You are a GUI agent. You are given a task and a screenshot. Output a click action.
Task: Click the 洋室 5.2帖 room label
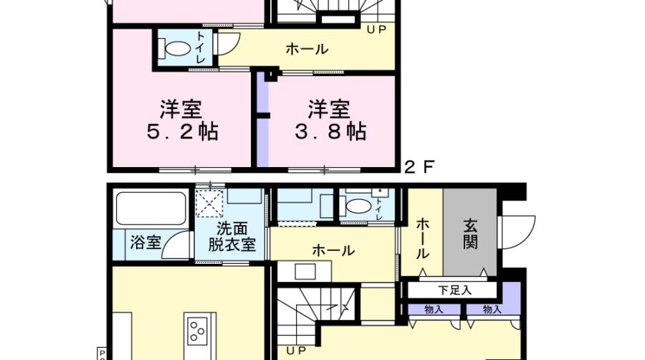click(x=182, y=120)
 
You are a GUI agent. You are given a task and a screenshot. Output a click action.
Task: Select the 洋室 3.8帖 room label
click(x=330, y=120)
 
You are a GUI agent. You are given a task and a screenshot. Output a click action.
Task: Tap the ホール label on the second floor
click(x=307, y=49)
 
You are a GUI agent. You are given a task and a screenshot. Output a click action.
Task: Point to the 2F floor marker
click(x=419, y=167)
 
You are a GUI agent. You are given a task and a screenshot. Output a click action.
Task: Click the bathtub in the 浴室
click(x=150, y=209)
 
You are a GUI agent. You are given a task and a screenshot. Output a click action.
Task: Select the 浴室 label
click(x=145, y=242)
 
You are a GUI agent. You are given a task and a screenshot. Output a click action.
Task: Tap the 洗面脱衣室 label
click(x=232, y=237)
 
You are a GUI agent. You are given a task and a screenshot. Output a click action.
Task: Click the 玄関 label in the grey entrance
click(x=470, y=235)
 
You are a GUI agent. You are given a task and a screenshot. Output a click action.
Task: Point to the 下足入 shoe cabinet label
click(x=454, y=290)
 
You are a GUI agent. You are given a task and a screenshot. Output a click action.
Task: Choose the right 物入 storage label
click(x=492, y=309)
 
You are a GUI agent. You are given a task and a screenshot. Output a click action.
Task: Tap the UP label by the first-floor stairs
click(x=296, y=351)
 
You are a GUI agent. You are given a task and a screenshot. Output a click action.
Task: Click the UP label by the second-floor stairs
click(x=376, y=29)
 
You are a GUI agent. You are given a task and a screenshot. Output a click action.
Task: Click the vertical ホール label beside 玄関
click(x=423, y=239)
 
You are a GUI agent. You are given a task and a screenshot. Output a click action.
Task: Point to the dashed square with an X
click(x=209, y=203)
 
